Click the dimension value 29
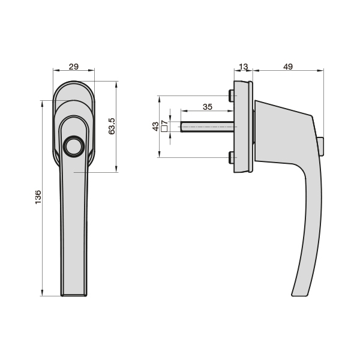74,67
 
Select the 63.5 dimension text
111,126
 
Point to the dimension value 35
207,107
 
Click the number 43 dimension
156,127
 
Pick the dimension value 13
243,67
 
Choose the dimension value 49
287,67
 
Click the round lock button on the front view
74,146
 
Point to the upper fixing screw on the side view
231,96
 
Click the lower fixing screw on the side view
231,158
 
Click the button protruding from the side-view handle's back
322,145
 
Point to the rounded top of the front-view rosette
74,82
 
